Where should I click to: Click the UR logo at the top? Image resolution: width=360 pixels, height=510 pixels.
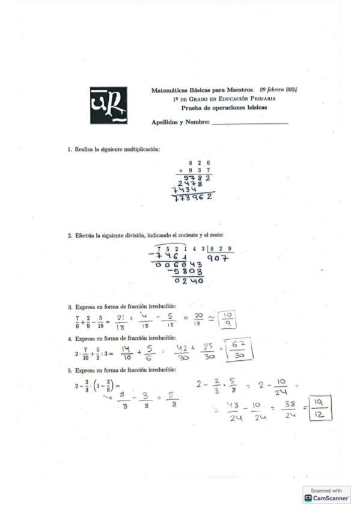click(109, 105)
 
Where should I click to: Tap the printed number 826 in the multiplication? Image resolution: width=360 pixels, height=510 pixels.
click(199, 163)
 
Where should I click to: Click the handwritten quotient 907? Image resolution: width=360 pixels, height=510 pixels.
click(218, 259)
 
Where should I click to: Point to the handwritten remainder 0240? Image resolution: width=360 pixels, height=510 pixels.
click(188, 280)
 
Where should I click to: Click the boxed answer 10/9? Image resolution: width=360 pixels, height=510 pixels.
click(228, 320)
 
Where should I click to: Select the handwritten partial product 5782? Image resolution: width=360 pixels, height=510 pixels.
click(197, 178)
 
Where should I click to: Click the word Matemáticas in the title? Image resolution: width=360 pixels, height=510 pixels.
click(168, 90)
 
